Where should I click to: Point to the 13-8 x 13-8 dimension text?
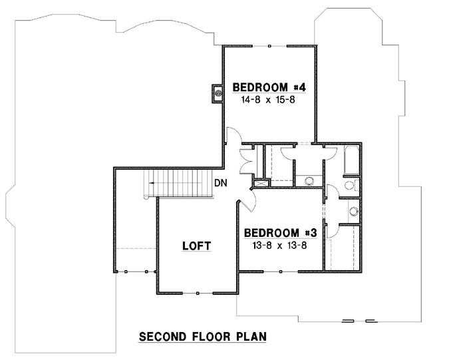coord(278,244)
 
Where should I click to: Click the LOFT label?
coord(196,246)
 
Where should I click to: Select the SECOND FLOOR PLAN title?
coord(202,337)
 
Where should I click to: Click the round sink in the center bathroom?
coord(309,180)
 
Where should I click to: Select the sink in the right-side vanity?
coord(353,212)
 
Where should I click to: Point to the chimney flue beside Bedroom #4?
coord(216,93)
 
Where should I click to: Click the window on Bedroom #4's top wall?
coord(269,47)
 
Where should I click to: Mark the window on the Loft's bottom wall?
coord(198,293)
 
